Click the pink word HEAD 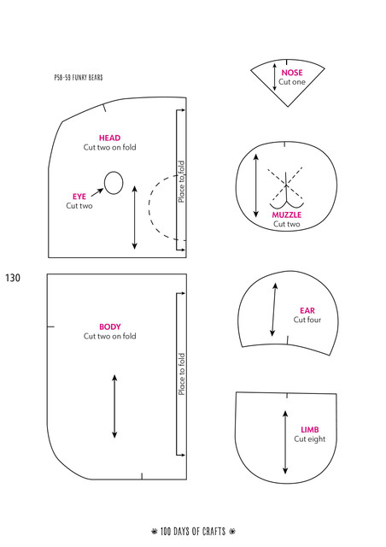pos(109,138)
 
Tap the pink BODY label pos(110,326)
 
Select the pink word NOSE pos(292,73)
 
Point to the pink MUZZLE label pos(287,215)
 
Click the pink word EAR pos(307,310)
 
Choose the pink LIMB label pos(310,430)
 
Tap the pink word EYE pos(79,197)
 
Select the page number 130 pos(13,278)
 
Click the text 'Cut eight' pos(310,439)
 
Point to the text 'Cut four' pos(307,320)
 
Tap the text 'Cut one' pos(292,82)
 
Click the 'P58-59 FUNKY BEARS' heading pos(79,78)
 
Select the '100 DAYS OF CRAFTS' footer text pos(193,532)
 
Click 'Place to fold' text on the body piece pos(181,374)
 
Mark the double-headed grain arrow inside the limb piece pos(285,443)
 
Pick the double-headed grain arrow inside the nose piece pos(274,77)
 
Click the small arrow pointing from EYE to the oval pos(97,192)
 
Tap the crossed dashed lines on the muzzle pos(285,184)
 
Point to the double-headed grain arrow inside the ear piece pos(274,309)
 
